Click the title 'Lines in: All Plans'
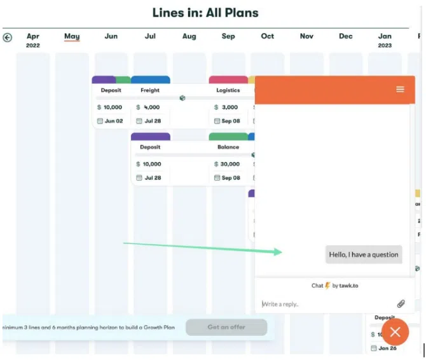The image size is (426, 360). coord(205,13)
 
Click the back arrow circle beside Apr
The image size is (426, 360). coord(8,38)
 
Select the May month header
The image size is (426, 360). coord(72,36)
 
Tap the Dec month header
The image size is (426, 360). coord(345,36)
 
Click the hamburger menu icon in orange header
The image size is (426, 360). coord(400,89)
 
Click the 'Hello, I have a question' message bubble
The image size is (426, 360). coord(364,254)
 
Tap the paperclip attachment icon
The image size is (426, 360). coord(401,304)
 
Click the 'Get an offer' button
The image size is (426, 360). coord(226,327)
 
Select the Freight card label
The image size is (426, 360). coord(150,90)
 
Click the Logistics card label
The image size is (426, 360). coord(228,90)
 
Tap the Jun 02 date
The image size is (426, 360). coord(114,121)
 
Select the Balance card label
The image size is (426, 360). coord(228,147)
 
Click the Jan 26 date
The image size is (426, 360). coord(387,348)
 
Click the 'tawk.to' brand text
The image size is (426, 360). coord(348,286)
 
